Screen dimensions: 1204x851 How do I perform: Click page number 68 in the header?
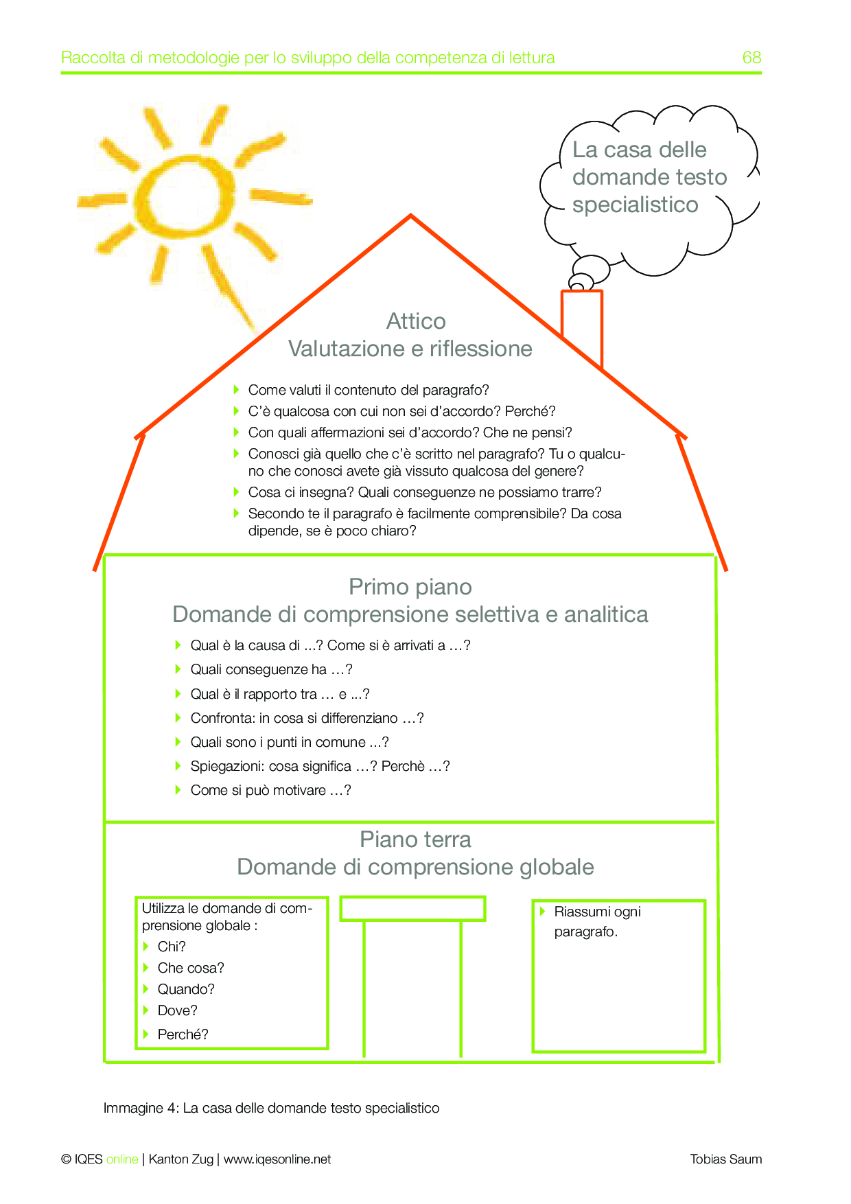tap(751, 58)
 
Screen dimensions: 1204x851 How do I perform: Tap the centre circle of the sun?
tap(186, 198)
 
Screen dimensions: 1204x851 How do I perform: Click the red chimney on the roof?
tap(581, 323)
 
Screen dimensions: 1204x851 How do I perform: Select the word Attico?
tap(416, 321)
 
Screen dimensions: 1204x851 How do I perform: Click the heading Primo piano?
tap(410, 587)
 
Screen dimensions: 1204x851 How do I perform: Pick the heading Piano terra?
tap(415, 840)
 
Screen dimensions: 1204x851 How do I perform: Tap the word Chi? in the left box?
tap(172, 947)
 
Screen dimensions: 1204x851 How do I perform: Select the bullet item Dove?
tap(177, 1010)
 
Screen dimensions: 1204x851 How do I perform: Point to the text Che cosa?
tap(191, 968)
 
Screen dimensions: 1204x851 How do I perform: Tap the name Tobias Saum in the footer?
tap(725, 1159)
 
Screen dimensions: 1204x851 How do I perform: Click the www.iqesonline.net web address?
tap(277, 1159)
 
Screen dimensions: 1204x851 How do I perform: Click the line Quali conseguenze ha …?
tap(271, 669)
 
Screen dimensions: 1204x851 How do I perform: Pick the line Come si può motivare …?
tap(270, 790)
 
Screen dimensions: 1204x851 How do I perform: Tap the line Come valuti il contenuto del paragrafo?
tap(369, 390)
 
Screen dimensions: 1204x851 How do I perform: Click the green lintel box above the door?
tap(413, 908)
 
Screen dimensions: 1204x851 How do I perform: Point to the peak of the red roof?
tap(410, 216)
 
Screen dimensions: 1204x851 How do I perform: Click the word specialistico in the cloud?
tap(636, 205)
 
